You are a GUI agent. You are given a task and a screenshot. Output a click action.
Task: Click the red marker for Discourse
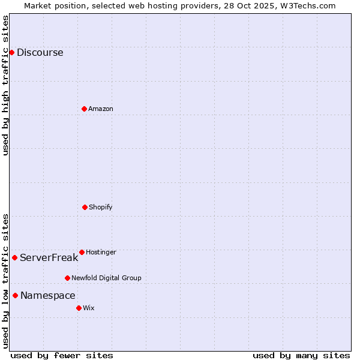tap(11, 52)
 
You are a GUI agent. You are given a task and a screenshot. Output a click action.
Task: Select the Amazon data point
tap(84, 109)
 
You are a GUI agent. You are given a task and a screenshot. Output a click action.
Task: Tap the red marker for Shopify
tap(85, 207)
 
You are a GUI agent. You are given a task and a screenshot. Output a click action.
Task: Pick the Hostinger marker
tap(82, 252)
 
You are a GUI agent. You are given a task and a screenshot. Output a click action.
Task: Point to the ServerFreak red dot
tap(14, 257)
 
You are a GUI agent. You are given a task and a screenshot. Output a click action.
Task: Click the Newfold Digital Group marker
tap(67, 278)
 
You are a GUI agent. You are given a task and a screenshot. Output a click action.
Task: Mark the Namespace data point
tap(15, 295)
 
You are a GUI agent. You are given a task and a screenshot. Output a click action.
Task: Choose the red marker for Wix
tap(79, 308)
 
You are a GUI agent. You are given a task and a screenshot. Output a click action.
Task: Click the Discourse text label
tap(40, 52)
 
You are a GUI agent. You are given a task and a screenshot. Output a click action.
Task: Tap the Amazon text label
tap(101, 109)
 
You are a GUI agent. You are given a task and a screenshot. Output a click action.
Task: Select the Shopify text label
tap(101, 207)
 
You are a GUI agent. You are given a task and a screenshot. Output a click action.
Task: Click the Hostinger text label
tap(101, 252)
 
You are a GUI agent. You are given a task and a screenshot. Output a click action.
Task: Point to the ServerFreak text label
tap(49, 257)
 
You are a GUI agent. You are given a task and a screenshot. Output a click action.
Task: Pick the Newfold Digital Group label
tap(106, 278)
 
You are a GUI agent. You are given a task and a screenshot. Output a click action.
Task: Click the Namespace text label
tap(47, 295)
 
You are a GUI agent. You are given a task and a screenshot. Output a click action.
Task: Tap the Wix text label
tap(89, 308)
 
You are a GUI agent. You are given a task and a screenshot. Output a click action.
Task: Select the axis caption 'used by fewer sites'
tap(62, 355)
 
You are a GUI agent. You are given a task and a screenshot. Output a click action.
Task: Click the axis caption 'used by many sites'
tap(301, 355)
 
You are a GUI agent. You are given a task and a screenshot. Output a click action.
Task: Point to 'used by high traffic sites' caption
tap(5, 85)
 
